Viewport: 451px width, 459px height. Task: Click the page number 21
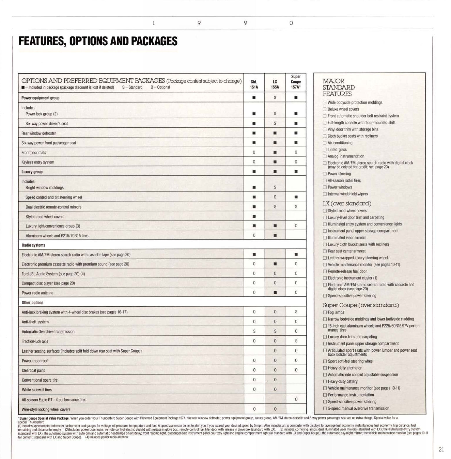click(441, 450)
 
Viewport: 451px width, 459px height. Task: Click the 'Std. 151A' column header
click(254, 84)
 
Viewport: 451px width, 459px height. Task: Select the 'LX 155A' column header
click(275, 84)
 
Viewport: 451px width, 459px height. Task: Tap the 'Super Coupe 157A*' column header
click(296, 82)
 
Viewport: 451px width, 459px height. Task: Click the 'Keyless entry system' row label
click(38, 162)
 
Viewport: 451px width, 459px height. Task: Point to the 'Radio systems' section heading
click(33, 245)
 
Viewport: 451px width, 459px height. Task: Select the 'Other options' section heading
click(32, 303)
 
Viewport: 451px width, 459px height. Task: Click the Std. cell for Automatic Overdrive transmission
click(254, 331)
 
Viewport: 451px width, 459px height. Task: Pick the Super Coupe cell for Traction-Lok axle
click(296, 341)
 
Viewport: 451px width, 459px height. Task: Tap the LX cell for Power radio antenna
click(275, 293)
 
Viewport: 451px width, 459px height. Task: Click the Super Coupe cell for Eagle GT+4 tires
click(296, 399)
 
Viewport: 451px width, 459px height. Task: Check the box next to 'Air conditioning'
click(325, 143)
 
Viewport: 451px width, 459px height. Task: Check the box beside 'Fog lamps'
click(325, 312)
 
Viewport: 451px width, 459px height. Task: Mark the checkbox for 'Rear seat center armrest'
click(325, 251)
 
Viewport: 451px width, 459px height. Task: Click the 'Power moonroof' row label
click(35, 361)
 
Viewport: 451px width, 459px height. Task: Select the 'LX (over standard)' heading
click(347, 204)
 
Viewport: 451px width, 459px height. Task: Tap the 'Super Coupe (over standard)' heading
click(361, 305)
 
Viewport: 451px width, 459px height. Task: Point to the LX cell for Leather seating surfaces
click(275, 351)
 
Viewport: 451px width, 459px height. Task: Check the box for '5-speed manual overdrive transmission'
click(325, 409)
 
